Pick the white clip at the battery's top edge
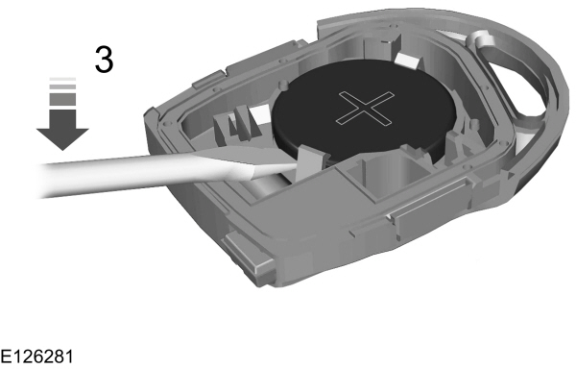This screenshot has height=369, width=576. (404, 62)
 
